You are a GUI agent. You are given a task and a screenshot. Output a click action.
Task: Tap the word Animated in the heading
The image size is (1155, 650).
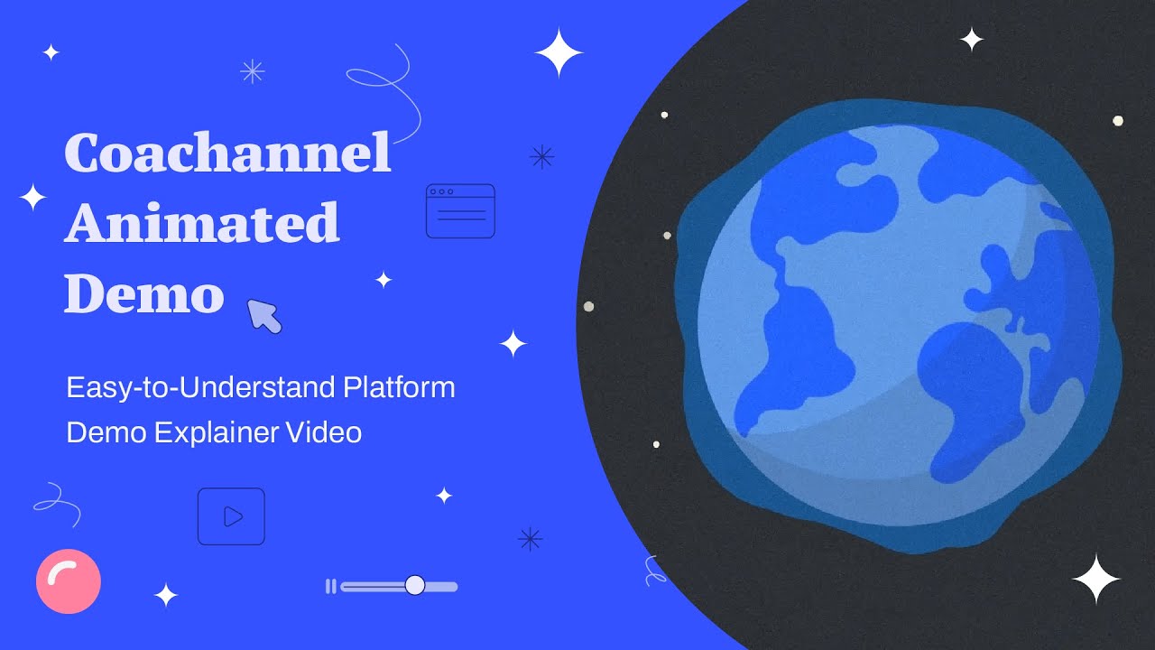[201, 223]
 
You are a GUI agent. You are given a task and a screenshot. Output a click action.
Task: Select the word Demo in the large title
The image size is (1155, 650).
[143, 293]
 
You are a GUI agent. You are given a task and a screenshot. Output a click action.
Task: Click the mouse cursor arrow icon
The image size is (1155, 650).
[264, 317]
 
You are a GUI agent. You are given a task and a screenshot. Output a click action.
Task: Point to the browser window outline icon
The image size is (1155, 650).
[460, 211]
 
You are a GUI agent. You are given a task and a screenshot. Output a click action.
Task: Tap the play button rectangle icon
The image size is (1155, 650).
[231, 516]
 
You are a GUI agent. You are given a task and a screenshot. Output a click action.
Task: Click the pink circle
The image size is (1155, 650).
[69, 581]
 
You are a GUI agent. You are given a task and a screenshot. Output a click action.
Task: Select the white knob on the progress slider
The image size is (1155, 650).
[415, 586]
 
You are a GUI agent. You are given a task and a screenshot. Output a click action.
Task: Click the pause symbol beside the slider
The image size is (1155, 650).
[330, 587]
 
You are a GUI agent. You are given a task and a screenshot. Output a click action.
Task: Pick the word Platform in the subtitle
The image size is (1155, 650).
[399, 388]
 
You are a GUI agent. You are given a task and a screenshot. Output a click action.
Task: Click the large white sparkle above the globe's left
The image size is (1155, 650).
[559, 53]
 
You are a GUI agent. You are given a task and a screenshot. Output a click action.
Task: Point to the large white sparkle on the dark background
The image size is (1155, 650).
[1095, 579]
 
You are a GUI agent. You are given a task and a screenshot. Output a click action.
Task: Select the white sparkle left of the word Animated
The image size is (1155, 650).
[32, 197]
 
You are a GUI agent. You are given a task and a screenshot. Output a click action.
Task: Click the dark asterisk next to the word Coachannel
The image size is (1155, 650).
[541, 157]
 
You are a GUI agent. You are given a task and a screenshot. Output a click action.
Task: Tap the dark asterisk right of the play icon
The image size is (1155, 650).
[530, 539]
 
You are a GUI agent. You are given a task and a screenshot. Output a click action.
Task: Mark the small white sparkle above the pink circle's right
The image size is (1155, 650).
[166, 595]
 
